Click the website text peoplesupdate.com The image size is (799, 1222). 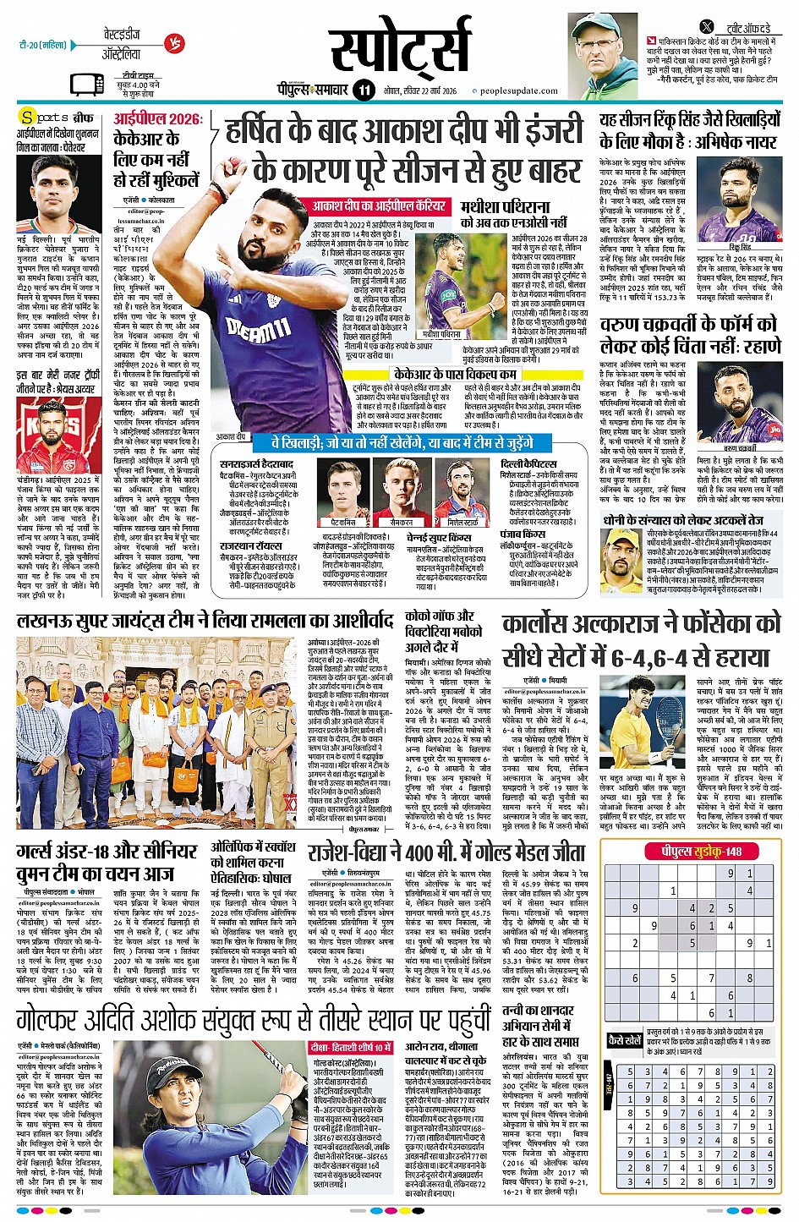[x=519, y=90]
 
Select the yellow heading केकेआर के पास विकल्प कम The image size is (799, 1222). [x=455, y=374]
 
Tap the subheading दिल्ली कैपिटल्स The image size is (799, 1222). [x=528, y=463]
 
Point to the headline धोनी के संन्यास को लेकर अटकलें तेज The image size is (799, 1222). [x=683, y=520]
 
